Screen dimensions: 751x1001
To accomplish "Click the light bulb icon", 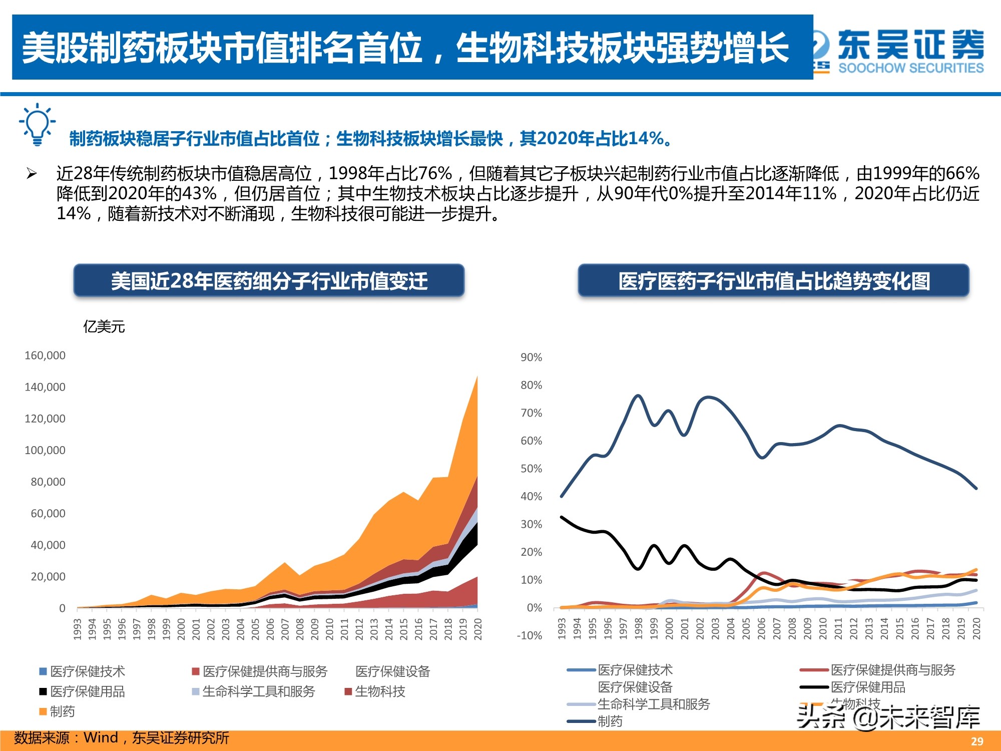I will pos(37,124).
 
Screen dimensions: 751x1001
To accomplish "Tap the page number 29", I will pos(977,741).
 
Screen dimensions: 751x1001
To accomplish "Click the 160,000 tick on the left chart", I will pos(45,355).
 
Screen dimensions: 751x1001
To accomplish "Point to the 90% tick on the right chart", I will pos(531,357).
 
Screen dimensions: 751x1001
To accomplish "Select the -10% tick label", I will pos(530,636).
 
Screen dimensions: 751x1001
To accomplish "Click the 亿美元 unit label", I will pos(104,327).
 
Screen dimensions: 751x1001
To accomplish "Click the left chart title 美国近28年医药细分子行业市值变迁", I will pos(269,281).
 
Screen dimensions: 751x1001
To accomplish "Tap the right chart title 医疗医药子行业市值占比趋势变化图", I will pos(773,281).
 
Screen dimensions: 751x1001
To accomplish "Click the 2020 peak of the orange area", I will pos(477,377).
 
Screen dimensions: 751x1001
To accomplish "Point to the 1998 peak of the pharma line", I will pos(638,396).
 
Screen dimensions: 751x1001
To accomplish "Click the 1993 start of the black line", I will pos(562,517).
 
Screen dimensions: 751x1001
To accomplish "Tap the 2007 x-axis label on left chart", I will pos(285,629).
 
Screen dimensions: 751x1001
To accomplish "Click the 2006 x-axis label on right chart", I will pos(761,629).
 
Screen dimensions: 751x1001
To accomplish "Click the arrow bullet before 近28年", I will pos(32,174).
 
